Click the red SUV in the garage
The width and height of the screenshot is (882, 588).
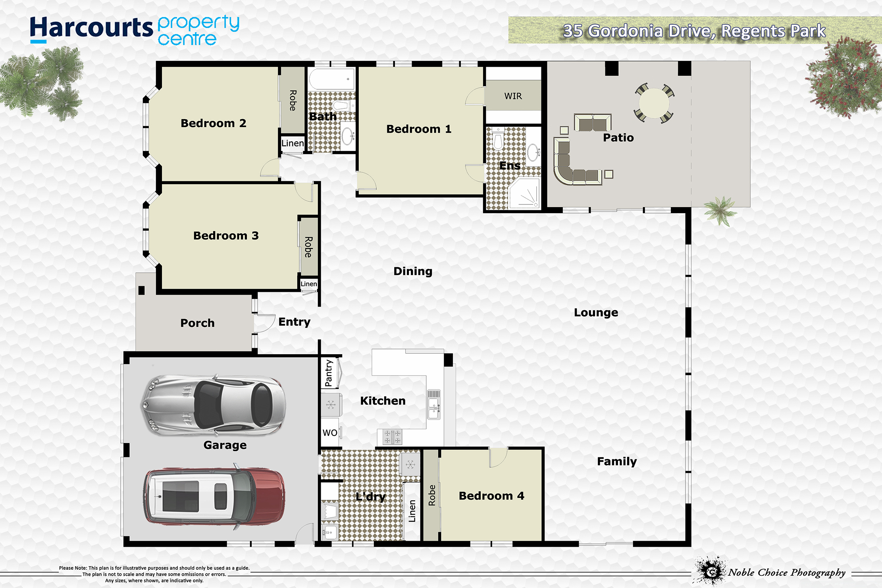coord(214,496)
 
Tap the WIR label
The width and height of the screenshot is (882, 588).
coord(513,96)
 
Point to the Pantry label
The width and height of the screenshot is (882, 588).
coord(329,373)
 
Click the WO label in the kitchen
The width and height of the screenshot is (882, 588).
coord(330,433)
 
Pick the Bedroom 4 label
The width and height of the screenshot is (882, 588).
coord(491,496)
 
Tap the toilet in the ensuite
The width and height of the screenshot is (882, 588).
coord(498,139)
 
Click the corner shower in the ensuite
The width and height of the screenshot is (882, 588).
coord(524,193)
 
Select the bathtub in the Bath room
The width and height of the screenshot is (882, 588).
coord(331,79)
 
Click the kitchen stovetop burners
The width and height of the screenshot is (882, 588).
coord(392,437)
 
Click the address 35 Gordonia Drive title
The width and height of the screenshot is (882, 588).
coord(694,31)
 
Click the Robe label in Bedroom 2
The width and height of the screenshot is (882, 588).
coord(293,100)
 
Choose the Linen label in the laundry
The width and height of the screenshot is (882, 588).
coord(412,511)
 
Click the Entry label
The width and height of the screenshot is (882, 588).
coord(295,322)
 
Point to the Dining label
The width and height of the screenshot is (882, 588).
coord(413,272)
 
